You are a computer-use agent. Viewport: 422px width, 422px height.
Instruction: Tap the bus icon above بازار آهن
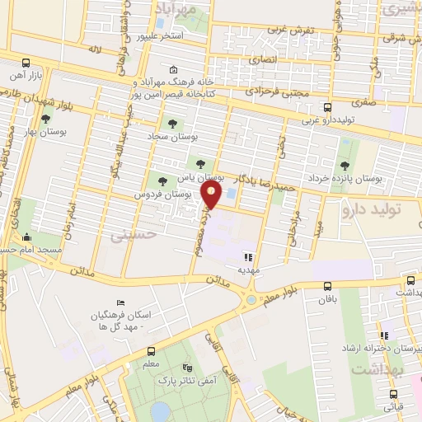(x=27, y=63)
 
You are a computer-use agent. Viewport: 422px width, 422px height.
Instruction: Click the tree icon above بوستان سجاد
(x=171, y=124)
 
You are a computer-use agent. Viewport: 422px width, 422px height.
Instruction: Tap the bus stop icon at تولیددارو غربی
(x=328, y=107)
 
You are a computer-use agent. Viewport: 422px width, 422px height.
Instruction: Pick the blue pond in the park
(x=162, y=410)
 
